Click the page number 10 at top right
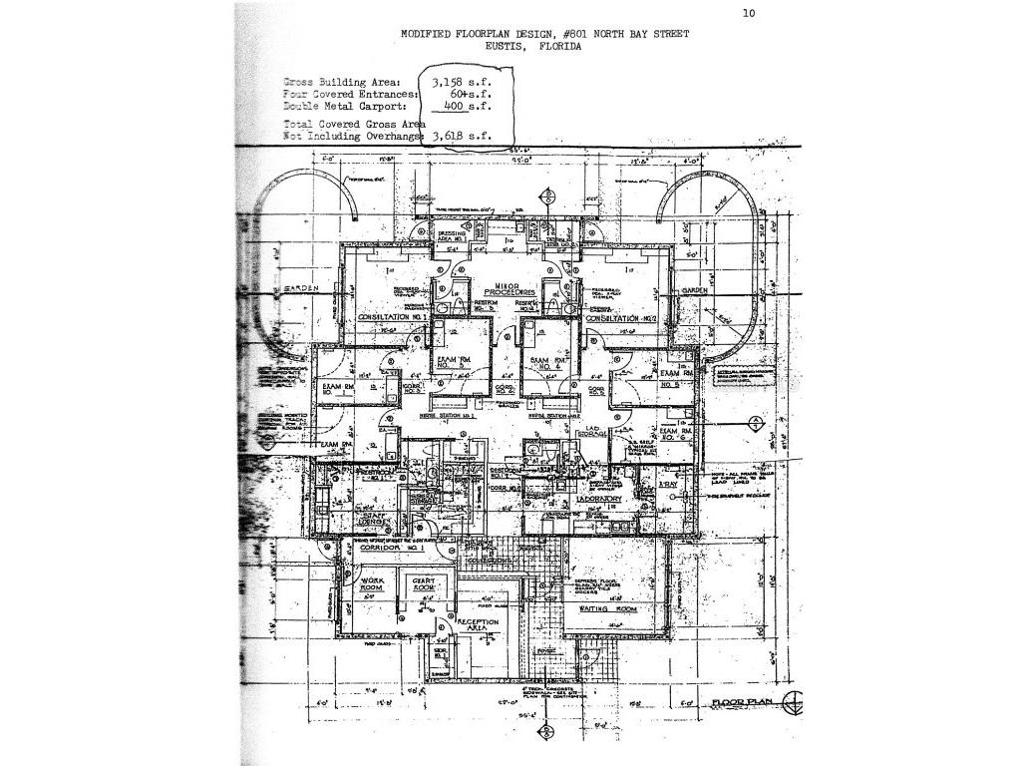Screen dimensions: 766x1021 (749, 13)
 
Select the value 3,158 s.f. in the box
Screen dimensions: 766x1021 (466, 81)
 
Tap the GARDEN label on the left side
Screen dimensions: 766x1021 (300, 288)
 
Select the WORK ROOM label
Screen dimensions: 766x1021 (372, 583)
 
